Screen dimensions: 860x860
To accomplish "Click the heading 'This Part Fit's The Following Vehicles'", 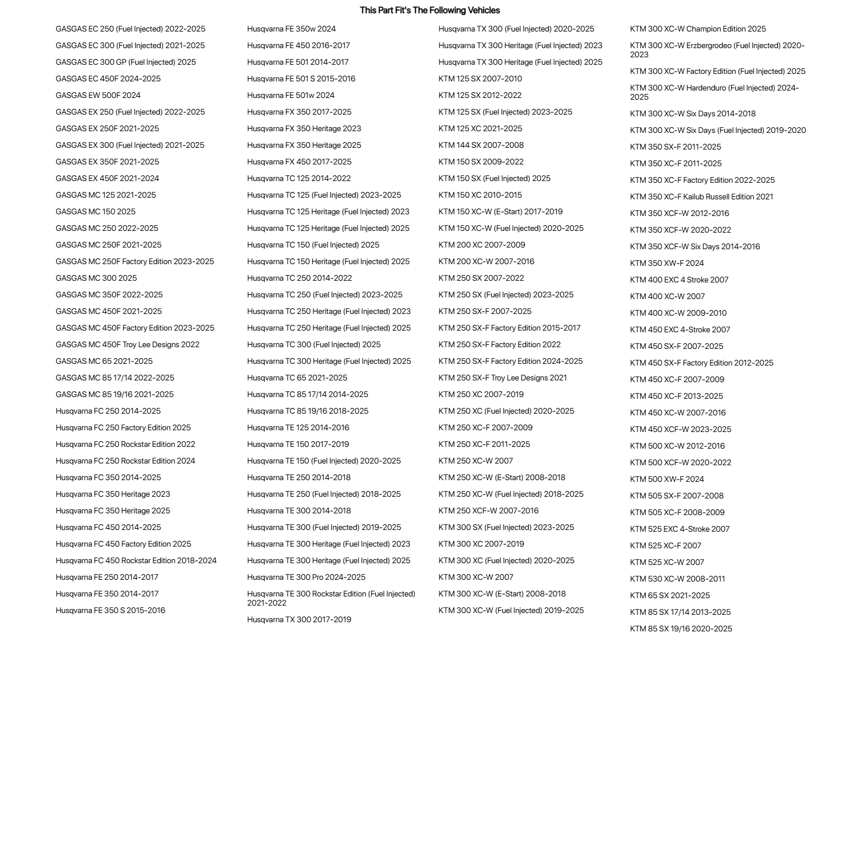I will tap(430, 10).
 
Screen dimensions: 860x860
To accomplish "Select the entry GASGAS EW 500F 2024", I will tap(98, 95).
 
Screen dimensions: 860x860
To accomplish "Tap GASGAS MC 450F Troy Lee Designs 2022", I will tap(127, 344).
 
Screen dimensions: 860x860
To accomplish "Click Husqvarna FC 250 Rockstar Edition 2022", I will tap(125, 444).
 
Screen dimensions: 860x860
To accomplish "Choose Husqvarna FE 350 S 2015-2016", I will tap(110, 610).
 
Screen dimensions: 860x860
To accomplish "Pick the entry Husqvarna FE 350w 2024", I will tap(291, 29).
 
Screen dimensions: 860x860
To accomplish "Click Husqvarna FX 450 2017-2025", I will tap(299, 162).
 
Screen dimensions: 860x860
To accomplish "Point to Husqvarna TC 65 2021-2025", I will tap(297, 378).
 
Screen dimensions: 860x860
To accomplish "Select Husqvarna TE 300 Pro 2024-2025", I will tap(306, 577).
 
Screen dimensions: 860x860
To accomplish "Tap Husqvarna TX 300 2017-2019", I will tap(299, 619).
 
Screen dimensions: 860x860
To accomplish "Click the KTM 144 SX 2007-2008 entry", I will tap(481, 145).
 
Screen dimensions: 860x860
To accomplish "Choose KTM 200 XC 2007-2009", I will tap(481, 245).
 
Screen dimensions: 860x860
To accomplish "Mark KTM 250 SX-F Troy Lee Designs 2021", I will tap(502, 378).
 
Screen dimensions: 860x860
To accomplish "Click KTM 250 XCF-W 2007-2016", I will tap(488, 510).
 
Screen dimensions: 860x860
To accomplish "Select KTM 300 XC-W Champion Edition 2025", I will tap(697, 29).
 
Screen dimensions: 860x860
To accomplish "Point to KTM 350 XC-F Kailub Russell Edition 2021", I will tap(701, 197).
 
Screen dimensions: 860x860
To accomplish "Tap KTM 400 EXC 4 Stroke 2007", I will tap(679, 280).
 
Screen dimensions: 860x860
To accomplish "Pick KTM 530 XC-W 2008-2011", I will tap(677, 579).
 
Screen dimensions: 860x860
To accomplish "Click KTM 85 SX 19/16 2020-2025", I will tap(681, 629).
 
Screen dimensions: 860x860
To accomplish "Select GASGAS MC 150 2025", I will tap(96, 211).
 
